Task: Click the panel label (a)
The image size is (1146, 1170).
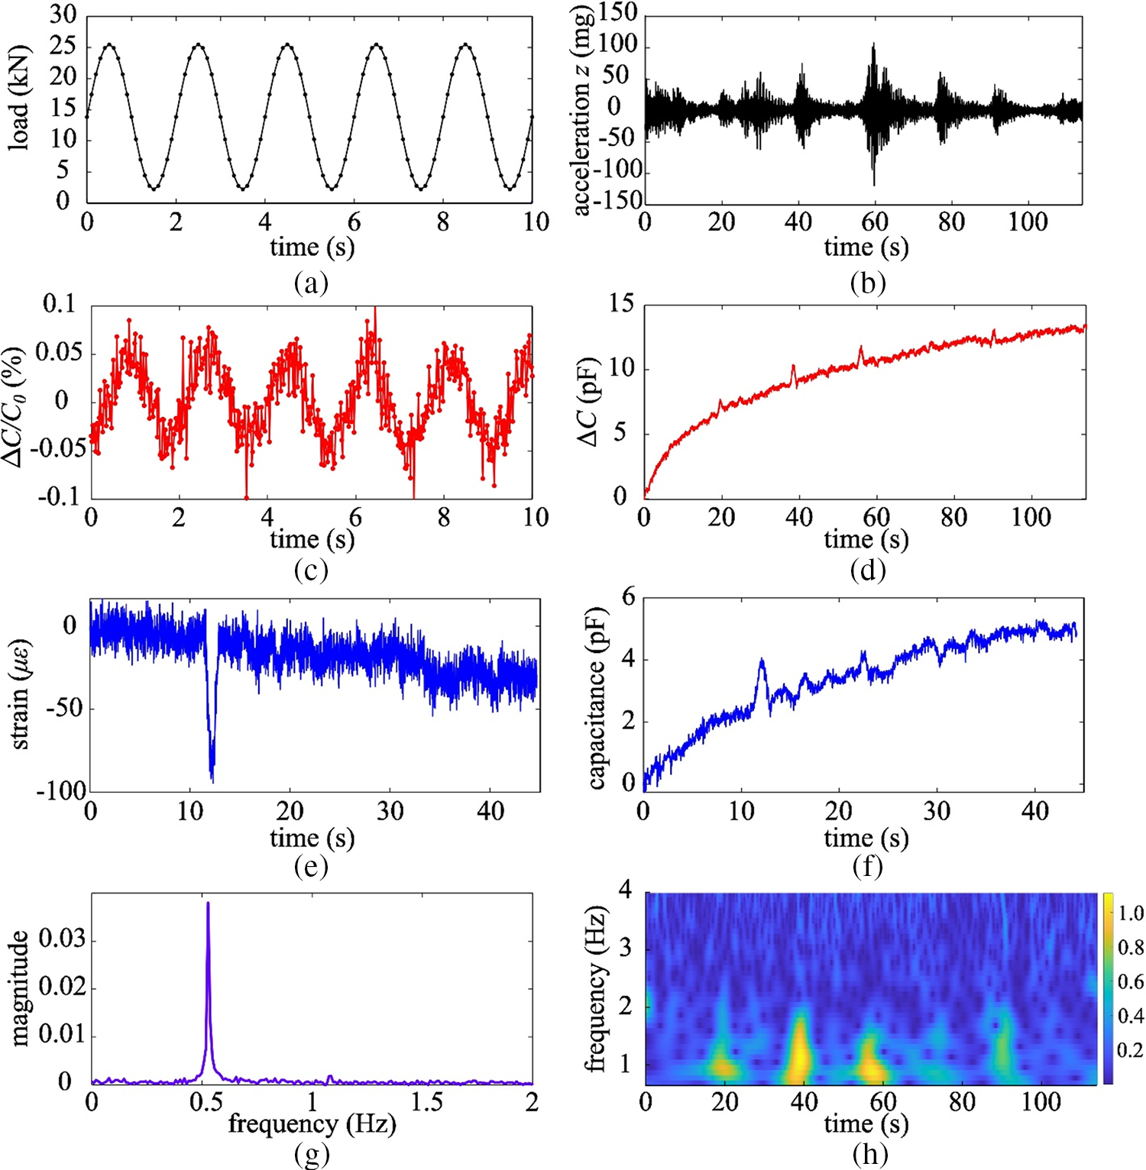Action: pos(311,283)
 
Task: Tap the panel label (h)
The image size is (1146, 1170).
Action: pos(869,1154)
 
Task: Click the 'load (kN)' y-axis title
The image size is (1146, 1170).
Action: pos(18,98)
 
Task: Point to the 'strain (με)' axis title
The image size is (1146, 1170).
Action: pos(20,693)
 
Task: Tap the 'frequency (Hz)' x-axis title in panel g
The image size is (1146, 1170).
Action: pos(312,1123)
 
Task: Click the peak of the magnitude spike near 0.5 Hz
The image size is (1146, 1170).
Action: pos(208,903)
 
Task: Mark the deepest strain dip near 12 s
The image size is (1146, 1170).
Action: pos(212,781)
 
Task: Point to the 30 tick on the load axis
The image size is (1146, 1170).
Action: pos(63,15)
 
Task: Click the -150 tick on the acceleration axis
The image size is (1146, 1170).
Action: pos(617,201)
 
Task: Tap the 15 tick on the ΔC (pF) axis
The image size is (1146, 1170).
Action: pos(621,304)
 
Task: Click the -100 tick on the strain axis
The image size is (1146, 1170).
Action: pos(61,791)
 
